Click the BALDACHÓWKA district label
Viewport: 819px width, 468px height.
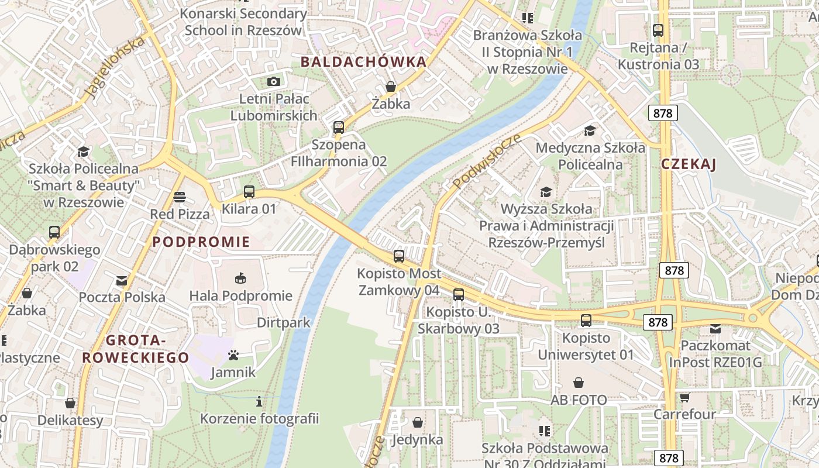pyautogui.click(x=363, y=62)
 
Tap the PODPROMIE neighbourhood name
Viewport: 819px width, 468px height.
pyautogui.click(x=201, y=242)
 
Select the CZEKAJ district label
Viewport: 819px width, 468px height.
pyautogui.click(x=689, y=164)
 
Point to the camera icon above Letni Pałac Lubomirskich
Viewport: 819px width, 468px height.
pyautogui.click(x=273, y=81)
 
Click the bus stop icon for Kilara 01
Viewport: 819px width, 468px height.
pyautogui.click(x=249, y=191)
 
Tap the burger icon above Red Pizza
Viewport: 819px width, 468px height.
pyautogui.click(x=179, y=197)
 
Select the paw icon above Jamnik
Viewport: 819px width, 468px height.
pyautogui.click(x=233, y=355)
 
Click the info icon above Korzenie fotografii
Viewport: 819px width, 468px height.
pyautogui.click(x=259, y=401)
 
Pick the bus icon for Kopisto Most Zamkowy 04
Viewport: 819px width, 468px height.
pyautogui.click(x=399, y=256)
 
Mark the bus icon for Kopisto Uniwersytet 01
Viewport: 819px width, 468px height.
pyautogui.click(x=586, y=320)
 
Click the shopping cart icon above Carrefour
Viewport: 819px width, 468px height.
pyautogui.click(x=684, y=397)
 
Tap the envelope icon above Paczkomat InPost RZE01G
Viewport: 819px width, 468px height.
pyautogui.click(x=715, y=329)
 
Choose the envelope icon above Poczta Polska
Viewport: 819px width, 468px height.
pyautogui.click(x=122, y=280)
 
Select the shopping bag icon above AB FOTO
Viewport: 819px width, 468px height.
pyautogui.click(x=579, y=383)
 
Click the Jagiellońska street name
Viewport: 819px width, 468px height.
pyautogui.click(x=115, y=67)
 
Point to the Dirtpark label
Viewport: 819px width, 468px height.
pyautogui.click(x=284, y=322)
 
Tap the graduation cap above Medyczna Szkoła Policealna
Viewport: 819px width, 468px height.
pyautogui.click(x=590, y=130)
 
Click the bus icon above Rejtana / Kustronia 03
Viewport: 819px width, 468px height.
pyautogui.click(x=658, y=30)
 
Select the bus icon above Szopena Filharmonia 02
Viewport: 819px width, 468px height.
pyautogui.click(x=338, y=127)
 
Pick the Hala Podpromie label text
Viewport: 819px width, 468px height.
pyautogui.click(x=240, y=295)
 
